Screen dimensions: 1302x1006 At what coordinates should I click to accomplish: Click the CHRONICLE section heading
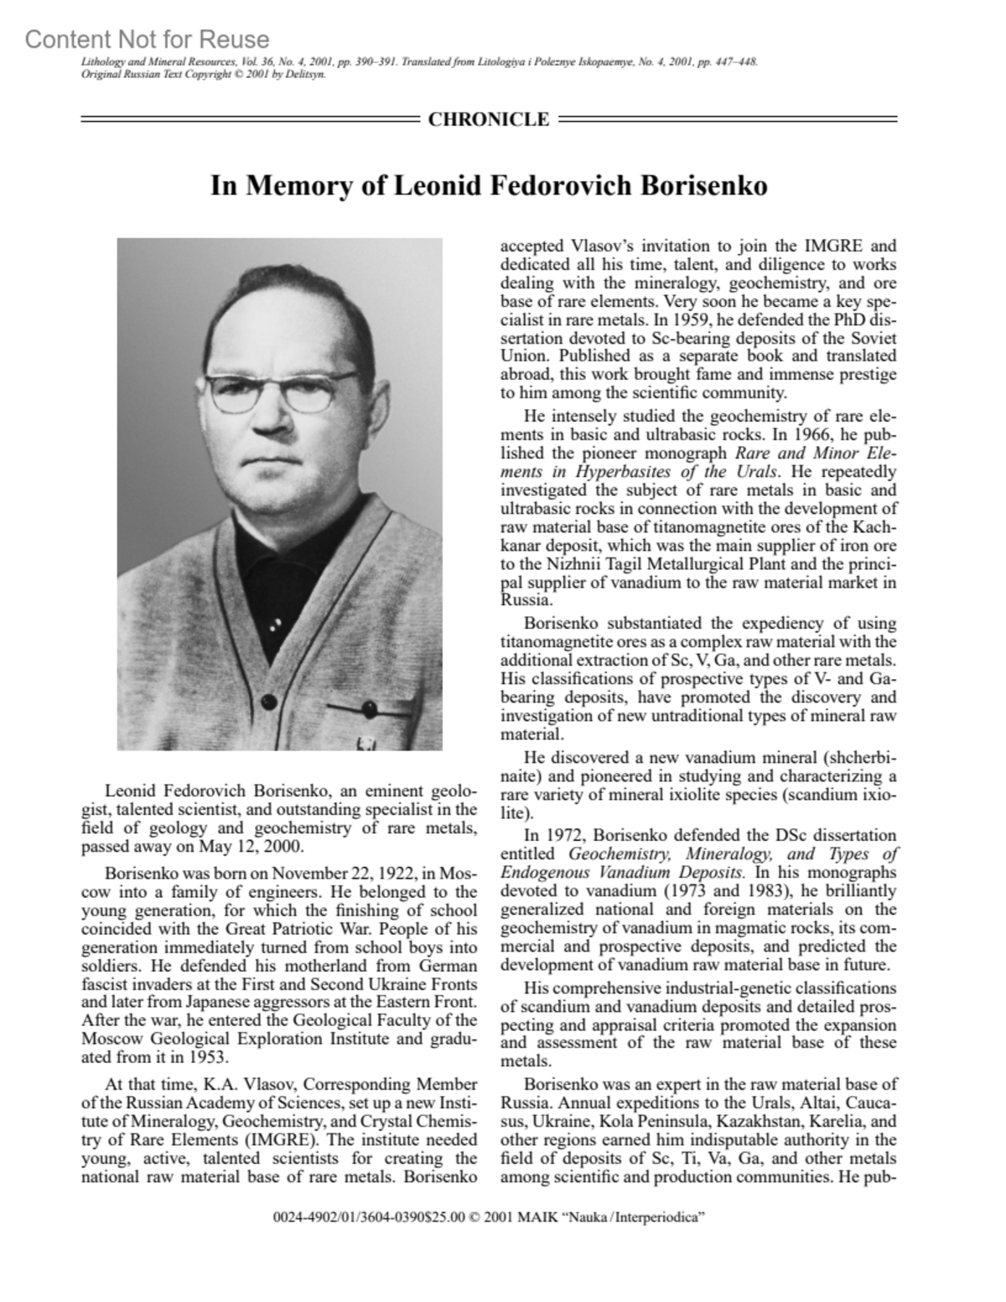point(488,119)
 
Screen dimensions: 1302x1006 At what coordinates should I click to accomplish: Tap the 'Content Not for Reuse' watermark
point(148,39)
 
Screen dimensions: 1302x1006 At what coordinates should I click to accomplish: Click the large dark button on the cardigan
point(270,701)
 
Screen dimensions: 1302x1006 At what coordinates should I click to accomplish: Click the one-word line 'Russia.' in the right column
point(526,600)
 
